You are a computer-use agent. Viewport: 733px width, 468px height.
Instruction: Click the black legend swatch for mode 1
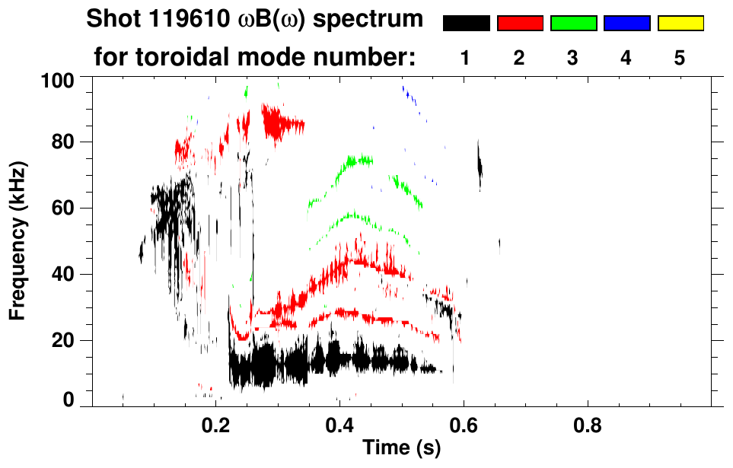[466, 24]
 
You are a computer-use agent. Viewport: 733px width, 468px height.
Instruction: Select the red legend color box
[520, 24]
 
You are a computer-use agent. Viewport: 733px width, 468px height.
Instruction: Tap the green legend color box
[573, 24]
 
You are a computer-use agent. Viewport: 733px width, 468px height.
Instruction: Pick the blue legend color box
[626, 24]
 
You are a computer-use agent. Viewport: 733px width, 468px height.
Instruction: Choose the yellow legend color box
[680, 24]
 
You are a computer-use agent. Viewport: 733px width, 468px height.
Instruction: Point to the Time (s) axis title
[401, 447]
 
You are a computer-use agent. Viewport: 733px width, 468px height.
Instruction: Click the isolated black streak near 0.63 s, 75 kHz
[480, 164]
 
